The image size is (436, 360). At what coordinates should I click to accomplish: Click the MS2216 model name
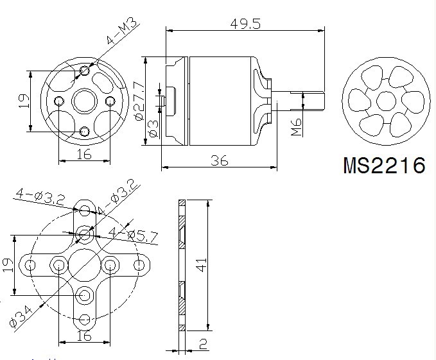384,166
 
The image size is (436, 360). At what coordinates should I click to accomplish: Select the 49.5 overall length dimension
245,24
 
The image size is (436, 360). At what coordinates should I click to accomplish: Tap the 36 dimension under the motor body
220,160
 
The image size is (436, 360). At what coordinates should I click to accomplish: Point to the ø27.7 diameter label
139,100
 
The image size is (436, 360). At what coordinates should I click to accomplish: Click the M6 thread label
297,127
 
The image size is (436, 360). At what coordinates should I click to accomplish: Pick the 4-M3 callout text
123,31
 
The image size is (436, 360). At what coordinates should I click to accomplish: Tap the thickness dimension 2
204,344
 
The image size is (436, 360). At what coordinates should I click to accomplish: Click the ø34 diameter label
21,316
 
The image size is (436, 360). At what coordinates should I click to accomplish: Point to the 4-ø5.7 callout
133,236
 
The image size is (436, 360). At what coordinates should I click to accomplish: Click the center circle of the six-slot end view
386,101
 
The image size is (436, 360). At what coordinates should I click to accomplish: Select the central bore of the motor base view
85,101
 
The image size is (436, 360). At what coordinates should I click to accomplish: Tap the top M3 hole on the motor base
85,71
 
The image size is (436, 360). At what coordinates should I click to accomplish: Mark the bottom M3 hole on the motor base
85,132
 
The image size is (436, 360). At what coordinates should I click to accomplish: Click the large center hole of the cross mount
84,265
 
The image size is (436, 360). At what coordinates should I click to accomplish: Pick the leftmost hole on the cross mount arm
30,265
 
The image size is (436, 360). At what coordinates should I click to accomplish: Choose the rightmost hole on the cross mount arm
139,265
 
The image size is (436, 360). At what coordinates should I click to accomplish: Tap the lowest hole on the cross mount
85,320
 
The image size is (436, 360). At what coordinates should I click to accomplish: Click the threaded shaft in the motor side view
298,101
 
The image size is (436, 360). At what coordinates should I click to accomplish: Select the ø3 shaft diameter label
153,129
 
